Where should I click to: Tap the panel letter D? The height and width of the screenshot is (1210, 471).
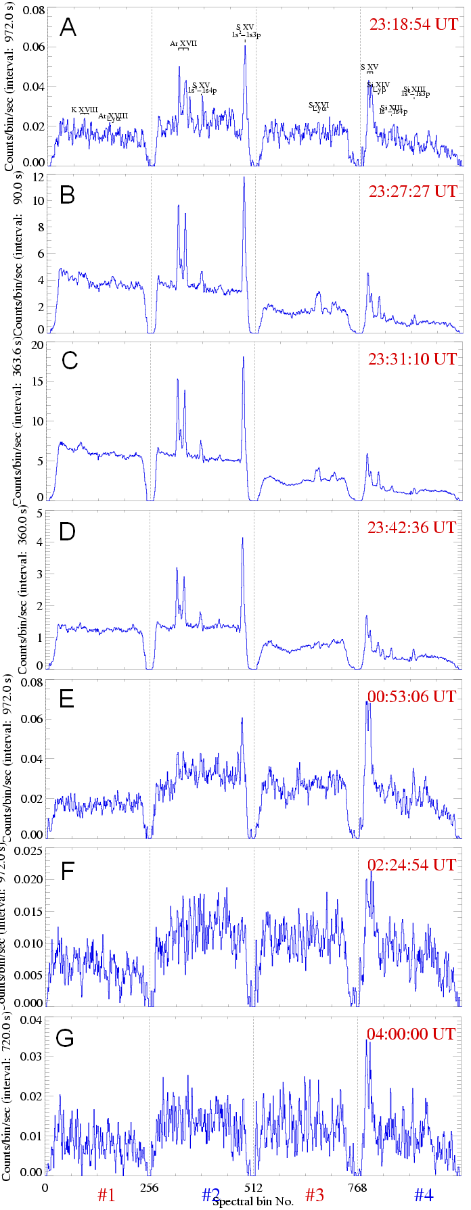tap(68, 529)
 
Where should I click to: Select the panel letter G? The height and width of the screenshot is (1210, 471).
tap(65, 1038)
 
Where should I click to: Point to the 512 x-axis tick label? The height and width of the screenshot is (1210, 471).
tap(253, 1183)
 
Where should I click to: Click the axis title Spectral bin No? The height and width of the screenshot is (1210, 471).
tap(253, 1202)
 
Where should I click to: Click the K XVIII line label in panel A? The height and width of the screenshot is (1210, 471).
tap(85, 110)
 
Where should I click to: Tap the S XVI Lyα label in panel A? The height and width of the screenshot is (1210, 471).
tap(319, 107)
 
